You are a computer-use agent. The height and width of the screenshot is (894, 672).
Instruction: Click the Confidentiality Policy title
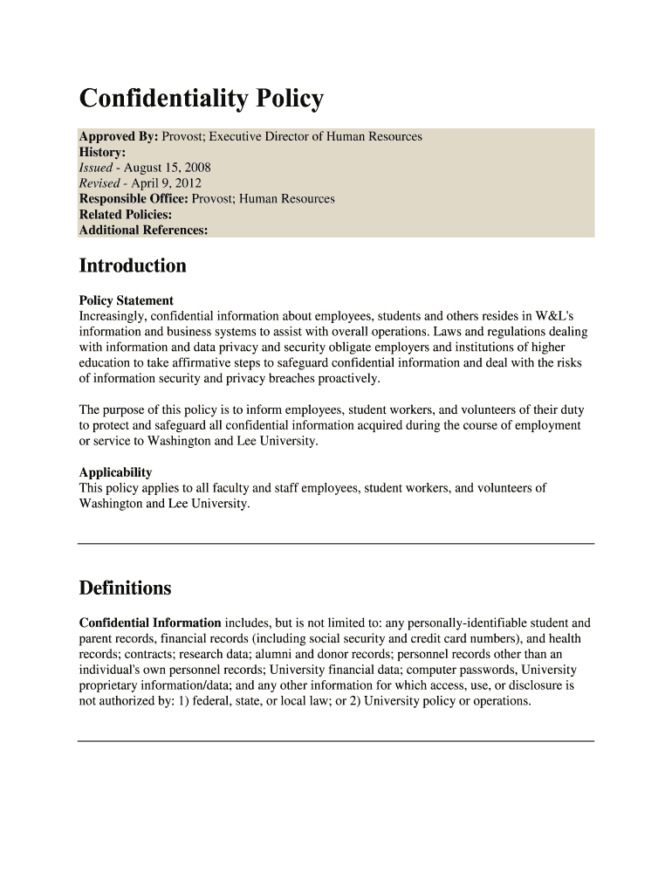[x=201, y=99]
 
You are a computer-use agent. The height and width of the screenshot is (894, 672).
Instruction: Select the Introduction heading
[x=133, y=265]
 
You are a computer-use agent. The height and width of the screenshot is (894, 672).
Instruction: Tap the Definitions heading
[x=125, y=588]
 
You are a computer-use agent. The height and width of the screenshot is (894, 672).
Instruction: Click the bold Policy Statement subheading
[x=126, y=300]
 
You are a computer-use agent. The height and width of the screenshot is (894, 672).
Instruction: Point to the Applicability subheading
[x=115, y=472]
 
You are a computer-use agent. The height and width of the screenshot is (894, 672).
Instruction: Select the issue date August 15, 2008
[x=167, y=168]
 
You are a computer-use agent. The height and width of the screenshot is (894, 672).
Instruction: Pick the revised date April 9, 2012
[x=166, y=183]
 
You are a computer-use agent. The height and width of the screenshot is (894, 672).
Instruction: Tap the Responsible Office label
[x=134, y=199]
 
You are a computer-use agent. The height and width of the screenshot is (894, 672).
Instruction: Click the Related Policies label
[x=125, y=215]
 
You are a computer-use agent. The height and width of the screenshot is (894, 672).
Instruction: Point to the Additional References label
[x=143, y=230]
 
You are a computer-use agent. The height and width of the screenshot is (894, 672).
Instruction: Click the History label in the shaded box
[x=102, y=152]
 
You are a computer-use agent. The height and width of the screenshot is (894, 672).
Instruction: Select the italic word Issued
[x=96, y=168]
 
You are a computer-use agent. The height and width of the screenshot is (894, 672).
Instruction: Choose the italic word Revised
[x=99, y=183]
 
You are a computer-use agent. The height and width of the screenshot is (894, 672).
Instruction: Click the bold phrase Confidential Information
[x=150, y=623]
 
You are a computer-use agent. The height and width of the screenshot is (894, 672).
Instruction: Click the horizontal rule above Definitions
[x=336, y=543]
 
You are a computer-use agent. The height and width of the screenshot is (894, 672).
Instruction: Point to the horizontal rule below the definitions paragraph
[x=336, y=741]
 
